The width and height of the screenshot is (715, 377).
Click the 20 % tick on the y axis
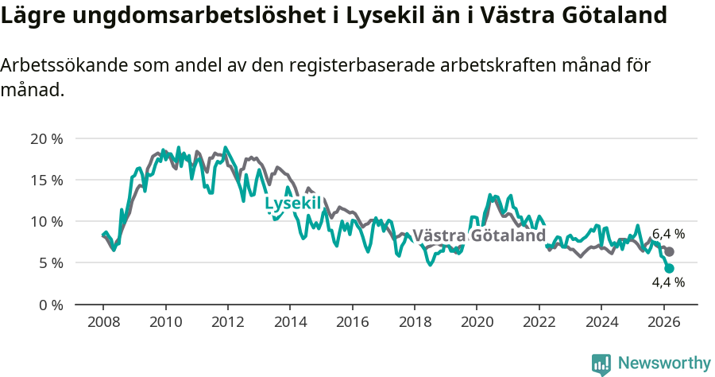click(x=46, y=138)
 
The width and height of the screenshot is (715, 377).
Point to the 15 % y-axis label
click(x=46, y=180)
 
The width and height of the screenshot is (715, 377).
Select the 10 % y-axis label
click(x=46, y=221)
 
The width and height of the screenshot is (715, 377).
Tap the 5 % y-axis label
click(x=50, y=262)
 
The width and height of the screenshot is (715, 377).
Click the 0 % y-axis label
click(x=50, y=305)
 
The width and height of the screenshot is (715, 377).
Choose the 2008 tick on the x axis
click(x=103, y=322)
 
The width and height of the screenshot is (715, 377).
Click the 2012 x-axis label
click(x=227, y=322)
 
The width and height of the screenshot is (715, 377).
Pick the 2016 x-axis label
click(x=352, y=322)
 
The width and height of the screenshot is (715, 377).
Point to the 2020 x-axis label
click(x=476, y=322)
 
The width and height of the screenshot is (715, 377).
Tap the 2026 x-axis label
click(x=663, y=322)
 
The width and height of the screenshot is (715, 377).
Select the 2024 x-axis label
click(x=601, y=322)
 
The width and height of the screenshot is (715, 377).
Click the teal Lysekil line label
click(x=292, y=204)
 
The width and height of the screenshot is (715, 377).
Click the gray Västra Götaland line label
click(x=479, y=236)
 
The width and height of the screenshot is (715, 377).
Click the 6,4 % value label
click(x=668, y=234)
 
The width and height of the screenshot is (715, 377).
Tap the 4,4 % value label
click(x=668, y=282)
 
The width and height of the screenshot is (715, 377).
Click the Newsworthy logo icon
click(x=601, y=364)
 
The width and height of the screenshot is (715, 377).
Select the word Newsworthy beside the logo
click(x=663, y=363)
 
